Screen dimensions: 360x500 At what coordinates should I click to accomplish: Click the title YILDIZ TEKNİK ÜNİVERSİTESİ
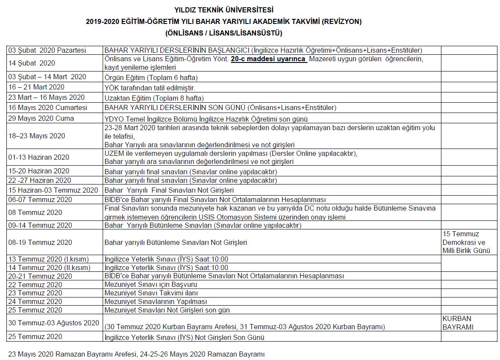coord(224,10)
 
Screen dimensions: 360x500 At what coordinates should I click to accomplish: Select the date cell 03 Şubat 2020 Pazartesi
coord(47,51)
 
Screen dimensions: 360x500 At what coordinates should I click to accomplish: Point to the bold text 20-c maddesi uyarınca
coord(268,59)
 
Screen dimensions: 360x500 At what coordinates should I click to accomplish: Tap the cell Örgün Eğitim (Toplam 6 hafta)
coord(151,77)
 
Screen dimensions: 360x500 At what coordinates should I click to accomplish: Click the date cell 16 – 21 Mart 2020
coord(36,87)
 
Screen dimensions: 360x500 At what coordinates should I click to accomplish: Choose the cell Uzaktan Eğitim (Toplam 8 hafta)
coord(154,98)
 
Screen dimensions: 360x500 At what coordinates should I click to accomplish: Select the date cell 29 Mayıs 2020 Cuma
coord(41,118)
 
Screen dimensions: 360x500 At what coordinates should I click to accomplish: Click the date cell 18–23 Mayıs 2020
coord(37,136)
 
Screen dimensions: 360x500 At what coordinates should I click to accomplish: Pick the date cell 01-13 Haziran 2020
coord(38,157)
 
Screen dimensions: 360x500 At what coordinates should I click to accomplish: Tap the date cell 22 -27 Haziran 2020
coord(40,180)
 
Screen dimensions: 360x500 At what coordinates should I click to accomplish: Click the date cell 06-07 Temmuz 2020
coord(40,199)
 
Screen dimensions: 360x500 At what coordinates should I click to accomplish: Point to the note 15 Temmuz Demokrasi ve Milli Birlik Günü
coord(466,242)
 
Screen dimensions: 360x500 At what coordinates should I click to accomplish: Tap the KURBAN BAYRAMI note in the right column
coord(458,323)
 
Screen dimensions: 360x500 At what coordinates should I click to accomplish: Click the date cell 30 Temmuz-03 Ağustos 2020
coord(53,323)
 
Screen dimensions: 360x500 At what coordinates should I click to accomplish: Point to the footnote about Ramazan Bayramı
coord(136,354)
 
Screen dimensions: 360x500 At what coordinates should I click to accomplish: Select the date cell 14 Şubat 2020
coord(32,63)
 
